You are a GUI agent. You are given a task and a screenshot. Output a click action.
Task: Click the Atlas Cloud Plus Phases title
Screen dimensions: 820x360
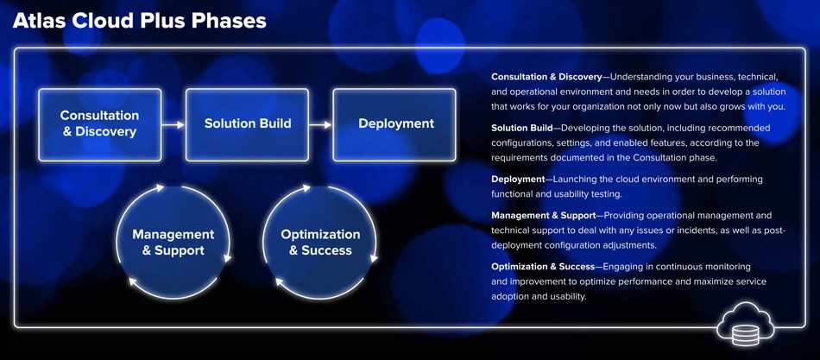coord(139,22)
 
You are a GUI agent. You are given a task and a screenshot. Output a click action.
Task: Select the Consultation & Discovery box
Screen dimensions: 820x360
coord(100,124)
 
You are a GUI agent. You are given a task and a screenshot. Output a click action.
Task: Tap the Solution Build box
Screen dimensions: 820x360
coord(248,124)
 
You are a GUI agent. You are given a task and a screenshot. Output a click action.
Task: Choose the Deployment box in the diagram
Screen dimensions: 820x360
coord(394,124)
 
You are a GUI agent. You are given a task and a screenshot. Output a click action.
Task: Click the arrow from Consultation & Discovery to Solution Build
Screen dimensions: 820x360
coord(173,124)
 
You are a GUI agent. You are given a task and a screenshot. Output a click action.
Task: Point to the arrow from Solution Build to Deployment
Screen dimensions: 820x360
coord(320,124)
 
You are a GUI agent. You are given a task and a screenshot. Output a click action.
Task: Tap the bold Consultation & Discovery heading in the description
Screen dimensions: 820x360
coord(546,77)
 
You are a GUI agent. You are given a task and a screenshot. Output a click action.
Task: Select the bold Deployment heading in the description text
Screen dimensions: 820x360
coord(518,179)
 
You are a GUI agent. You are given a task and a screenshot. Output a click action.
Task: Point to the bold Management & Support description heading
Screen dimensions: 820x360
coord(543,215)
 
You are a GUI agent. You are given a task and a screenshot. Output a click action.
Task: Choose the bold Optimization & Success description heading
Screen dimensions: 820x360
coord(543,267)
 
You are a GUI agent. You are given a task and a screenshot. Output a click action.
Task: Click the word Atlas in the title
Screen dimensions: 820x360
coord(34,22)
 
